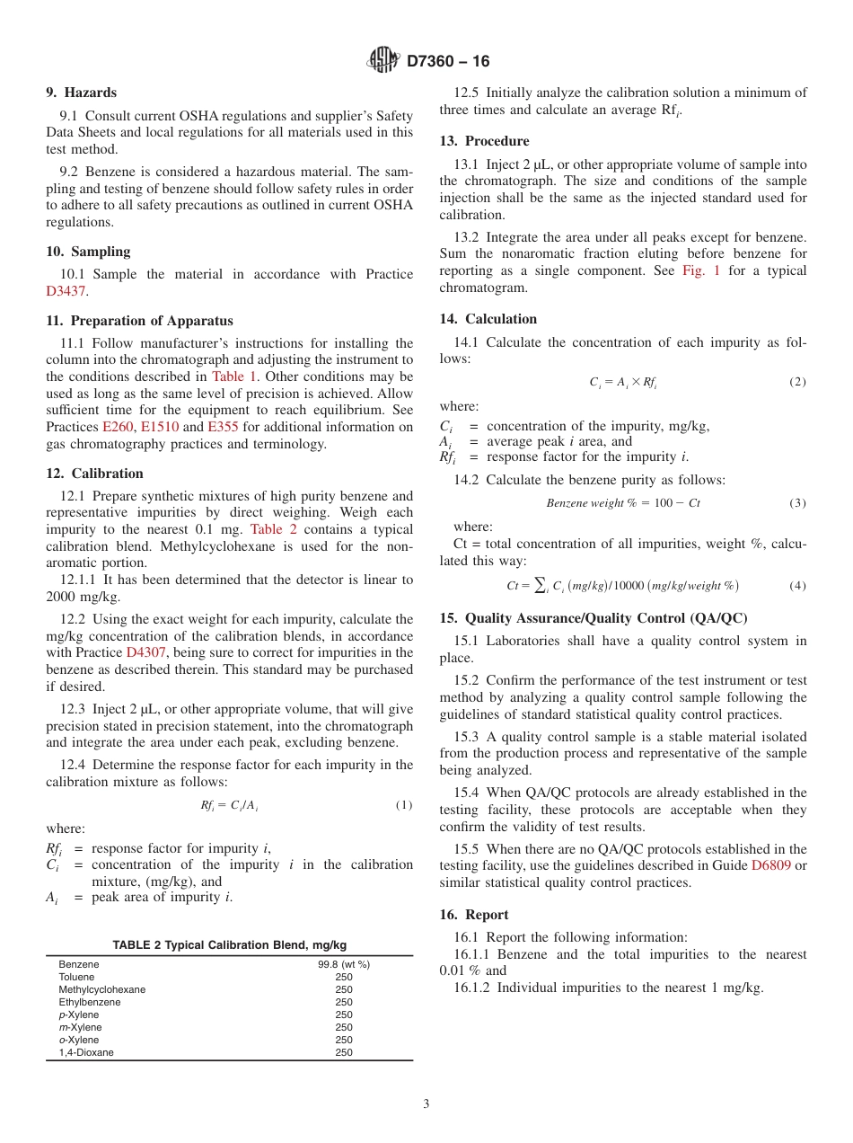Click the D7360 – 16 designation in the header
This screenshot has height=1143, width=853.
[448, 62]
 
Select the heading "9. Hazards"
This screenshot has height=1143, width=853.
[81, 93]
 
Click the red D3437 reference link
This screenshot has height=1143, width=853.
[66, 291]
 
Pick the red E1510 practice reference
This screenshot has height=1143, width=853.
[160, 427]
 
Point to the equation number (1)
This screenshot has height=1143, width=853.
[404, 805]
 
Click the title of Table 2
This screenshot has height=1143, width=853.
[229, 945]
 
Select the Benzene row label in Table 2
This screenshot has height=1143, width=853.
[79, 964]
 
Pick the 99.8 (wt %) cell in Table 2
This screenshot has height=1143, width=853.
[344, 964]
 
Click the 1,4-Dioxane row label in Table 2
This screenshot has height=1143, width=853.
[86, 1052]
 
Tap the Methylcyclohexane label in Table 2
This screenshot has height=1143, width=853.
[101, 989]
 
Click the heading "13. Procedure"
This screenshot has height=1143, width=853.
[484, 141]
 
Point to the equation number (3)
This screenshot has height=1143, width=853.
[797, 503]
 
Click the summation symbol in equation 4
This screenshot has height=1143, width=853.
[540, 586]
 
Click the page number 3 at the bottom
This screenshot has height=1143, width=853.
[426, 1104]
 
